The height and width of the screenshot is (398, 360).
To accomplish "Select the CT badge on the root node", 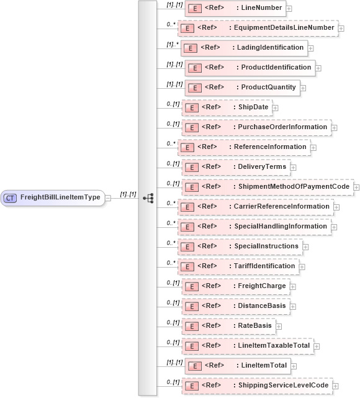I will pos(10,198).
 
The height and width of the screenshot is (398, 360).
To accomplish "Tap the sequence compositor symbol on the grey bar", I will pos(148,198).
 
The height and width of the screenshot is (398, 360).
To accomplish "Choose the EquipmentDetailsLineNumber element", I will pos(258,28).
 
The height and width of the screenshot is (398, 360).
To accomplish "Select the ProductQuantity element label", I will pos(268,87).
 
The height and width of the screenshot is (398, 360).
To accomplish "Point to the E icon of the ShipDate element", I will pos(191,107).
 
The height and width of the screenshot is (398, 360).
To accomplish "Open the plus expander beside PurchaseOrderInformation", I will pos(335,127).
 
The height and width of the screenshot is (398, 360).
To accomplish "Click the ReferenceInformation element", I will pos(244,147).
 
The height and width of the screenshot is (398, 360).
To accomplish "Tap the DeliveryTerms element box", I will pos(235,166).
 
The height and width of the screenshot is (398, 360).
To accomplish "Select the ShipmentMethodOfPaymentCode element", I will pos(267,186).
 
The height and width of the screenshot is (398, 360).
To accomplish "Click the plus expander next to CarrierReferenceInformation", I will pos(337,207).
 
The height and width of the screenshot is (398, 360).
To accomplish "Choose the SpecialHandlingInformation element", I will pos(254,226).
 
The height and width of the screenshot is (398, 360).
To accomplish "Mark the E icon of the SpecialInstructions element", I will pos(184,246).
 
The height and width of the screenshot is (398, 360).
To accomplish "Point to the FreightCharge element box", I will pos(235,286).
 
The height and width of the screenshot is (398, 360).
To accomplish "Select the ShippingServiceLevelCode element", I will pos(256,385).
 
